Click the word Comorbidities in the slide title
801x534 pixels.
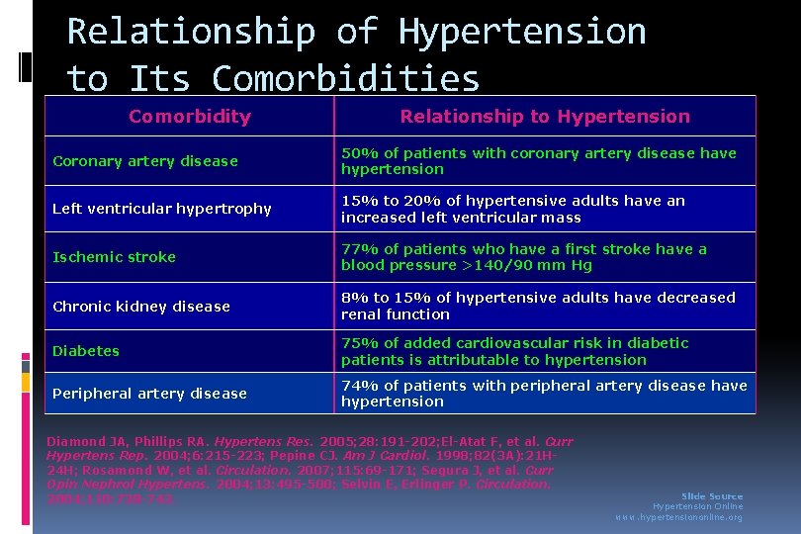[x=346, y=78]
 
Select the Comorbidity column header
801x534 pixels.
[x=190, y=116]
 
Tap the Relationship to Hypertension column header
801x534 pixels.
[x=545, y=116]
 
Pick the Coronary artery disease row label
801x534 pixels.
[x=145, y=161]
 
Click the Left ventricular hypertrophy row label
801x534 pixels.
[x=162, y=209]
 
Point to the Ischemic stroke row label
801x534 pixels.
[x=114, y=257]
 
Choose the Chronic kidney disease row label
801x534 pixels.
[x=141, y=307]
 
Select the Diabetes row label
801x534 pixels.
[x=86, y=351]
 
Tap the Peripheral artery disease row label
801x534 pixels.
[x=149, y=394]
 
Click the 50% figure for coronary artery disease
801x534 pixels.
[x=360, y=153]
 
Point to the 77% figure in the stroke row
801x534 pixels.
[x=360, y=249]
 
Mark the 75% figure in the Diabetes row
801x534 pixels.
[x=360, y=343]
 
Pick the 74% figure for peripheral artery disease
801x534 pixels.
[x=360, y=386]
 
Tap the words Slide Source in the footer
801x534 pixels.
[x=712, y=496]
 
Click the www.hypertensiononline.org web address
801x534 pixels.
[x=678, y=517]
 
